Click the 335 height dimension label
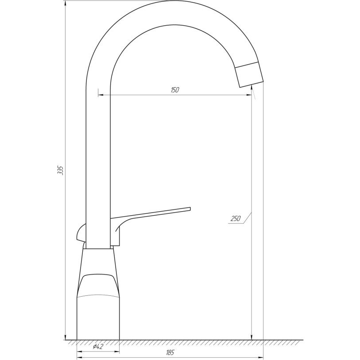(60, 170)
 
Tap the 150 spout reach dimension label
(174, 90)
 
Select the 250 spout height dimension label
(235, 218)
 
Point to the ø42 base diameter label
(98, 346)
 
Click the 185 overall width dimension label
(170, 352)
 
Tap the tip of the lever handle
(190, 209)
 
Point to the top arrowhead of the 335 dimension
(66, 3)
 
